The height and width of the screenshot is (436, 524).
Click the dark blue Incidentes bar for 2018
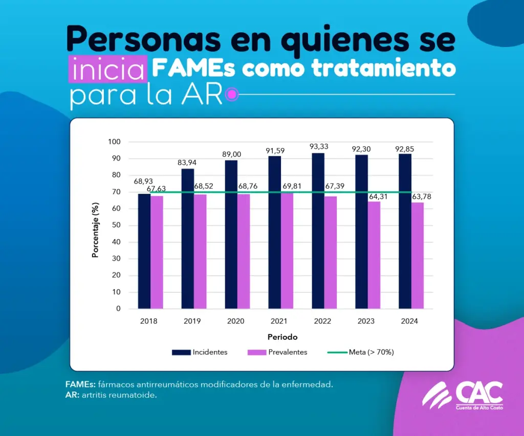(144, 251)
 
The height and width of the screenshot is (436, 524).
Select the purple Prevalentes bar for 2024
(418, 256)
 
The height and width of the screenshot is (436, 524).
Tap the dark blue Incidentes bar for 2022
(318, 231)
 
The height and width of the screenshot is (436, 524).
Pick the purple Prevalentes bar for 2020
(244, 251)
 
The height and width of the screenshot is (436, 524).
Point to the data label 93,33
(319, 147)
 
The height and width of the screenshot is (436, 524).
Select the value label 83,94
(187, 163)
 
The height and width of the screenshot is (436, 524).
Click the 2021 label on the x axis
(279, 322)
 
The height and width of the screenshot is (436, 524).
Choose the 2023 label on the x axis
(366, 322)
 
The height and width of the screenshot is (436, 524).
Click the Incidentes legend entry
(200, 352)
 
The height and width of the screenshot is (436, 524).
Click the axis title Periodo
(282, 337)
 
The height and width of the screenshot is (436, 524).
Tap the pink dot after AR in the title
(232, 94)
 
